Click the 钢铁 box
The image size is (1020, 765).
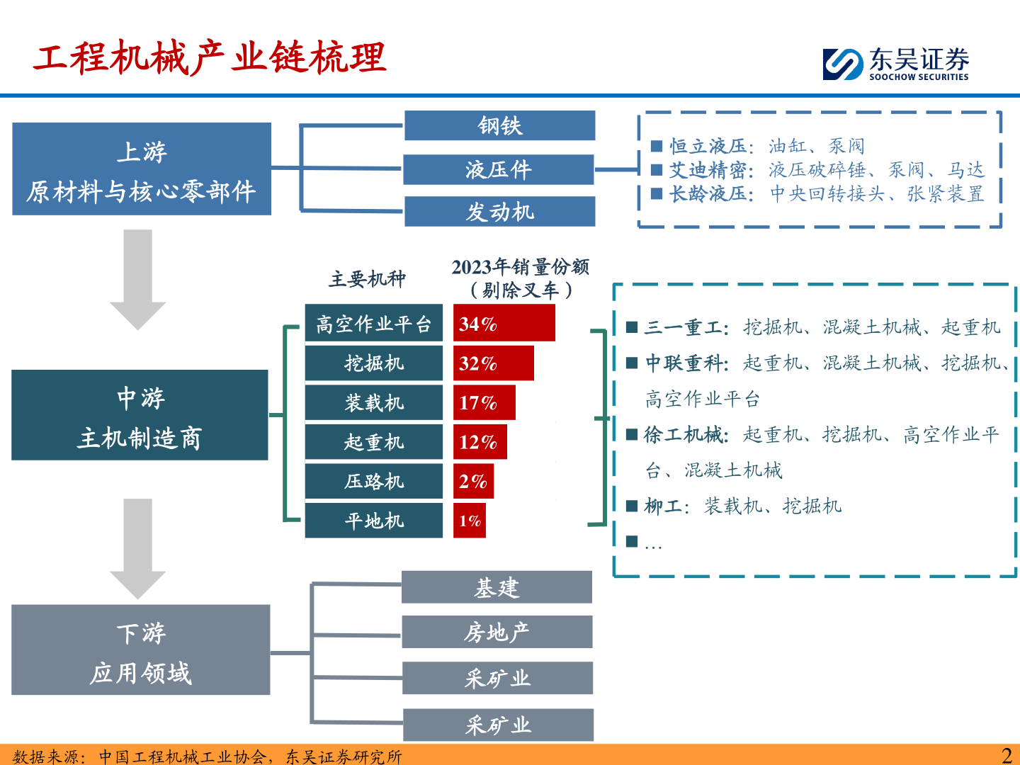coord(499,125)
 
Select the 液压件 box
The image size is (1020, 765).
coord(498,169)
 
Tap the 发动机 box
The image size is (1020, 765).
coord(499,212)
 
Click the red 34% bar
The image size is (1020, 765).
coord(504,324)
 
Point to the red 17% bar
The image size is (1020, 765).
coord(484,402)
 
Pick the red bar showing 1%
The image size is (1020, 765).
coord(469,521)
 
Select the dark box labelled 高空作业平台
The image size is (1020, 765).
coord(373,324)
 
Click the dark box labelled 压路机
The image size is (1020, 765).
coord(373,481)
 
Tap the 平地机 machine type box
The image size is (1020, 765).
coord(373,521)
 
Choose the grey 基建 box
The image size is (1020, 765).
coord(497,587)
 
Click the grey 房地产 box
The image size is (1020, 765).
coord(497,632)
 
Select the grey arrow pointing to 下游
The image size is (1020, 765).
coord(137,548)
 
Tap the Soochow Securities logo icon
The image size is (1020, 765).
coord(843,64)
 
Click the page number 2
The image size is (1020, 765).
coord(1007,755)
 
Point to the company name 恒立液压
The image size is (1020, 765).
coord(708,147)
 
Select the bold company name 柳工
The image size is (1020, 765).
coord(663,506)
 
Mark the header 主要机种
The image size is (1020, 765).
coord(367,279)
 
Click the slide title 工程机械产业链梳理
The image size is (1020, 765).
coord(210,58)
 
